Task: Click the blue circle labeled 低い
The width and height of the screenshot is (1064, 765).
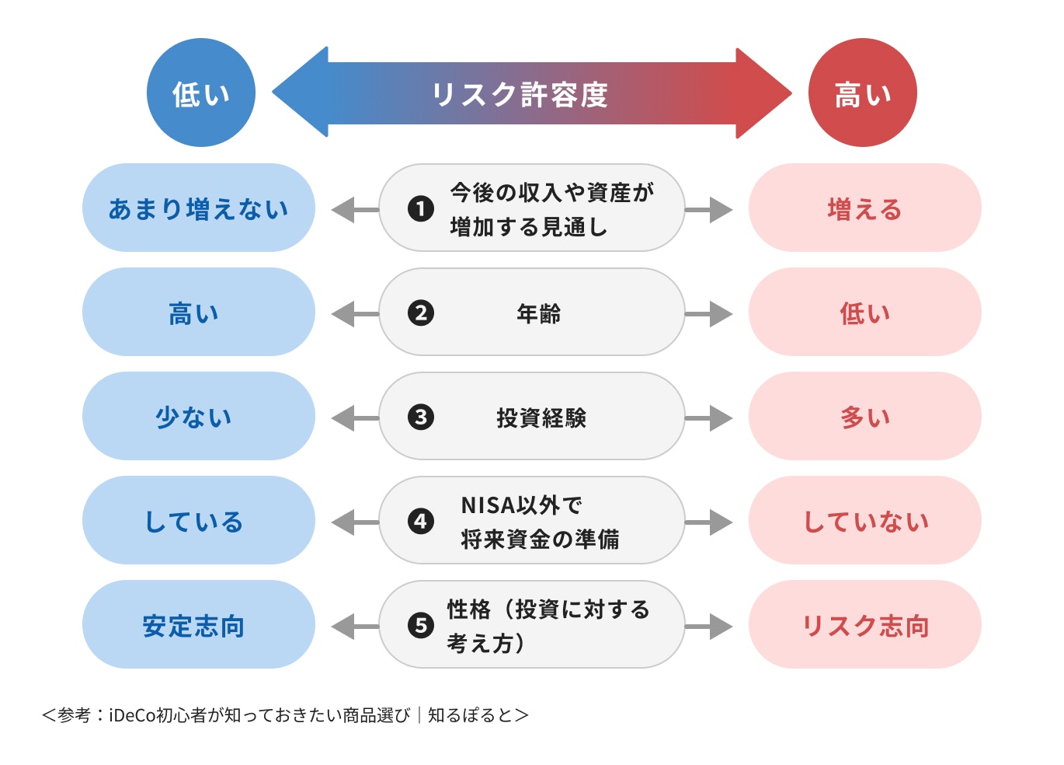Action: (x=200, y=93)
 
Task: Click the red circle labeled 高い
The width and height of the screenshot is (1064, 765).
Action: (x=862, y=93)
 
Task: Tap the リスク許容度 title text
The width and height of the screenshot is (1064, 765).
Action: (x=520, y=95)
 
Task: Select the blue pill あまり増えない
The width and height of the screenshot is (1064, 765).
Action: (x=198, y=208)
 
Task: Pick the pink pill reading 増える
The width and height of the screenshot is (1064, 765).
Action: (x=864, y=208)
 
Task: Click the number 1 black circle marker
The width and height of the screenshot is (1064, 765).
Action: (x=421, y=208)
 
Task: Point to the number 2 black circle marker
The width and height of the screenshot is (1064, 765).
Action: (x=421, y=313)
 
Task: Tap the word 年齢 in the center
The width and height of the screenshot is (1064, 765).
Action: (x=538, y=313)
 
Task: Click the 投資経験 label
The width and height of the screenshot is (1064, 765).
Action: (x=541, y=417)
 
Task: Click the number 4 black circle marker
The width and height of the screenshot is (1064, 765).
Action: (x=421, y=521)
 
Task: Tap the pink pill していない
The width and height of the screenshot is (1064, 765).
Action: (x=864, y=520)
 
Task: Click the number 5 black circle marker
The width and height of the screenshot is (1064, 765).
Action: (x=421, y=625)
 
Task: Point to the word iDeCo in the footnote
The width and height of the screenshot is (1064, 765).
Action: (x=132, y=715)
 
